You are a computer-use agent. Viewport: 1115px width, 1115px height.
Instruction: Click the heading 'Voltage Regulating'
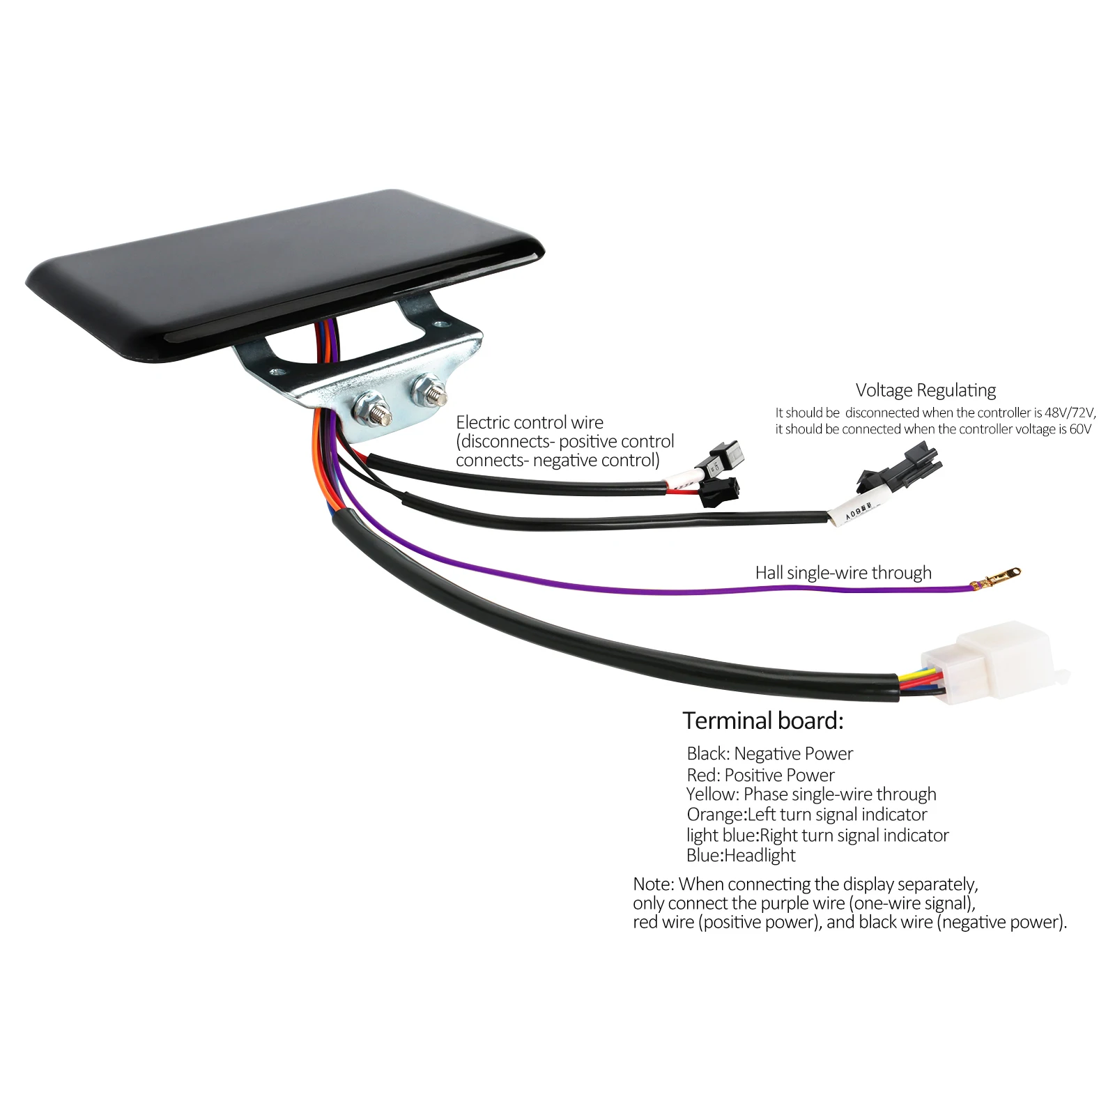coord(925,390)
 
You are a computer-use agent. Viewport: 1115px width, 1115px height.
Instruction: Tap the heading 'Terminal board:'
coord(763,721)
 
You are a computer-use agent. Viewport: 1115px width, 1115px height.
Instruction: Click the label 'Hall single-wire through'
coord(843,573)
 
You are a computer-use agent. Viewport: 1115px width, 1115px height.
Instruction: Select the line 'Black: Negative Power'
coord(769,753)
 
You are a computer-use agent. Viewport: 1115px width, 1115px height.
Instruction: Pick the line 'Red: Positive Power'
coord(760,775)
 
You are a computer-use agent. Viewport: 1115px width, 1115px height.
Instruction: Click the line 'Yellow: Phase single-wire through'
coord(811,794)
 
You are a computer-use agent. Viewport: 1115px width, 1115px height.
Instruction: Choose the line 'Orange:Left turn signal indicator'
coord(807,815)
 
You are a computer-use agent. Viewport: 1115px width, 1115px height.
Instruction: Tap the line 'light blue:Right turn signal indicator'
coord(817,835)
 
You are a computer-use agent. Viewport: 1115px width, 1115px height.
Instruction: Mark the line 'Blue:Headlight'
coord(741,855)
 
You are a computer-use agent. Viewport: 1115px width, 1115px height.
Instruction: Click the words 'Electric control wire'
coord(530,422)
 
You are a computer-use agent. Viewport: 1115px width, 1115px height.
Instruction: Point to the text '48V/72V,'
coord(1070,413)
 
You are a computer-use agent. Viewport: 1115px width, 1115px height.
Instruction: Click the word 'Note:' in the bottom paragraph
coord(654,884)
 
